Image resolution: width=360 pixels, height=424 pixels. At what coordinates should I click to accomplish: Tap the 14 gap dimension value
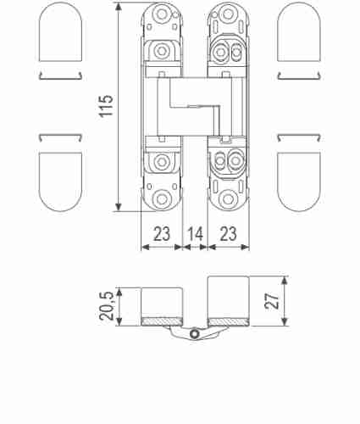[x=195, y=234]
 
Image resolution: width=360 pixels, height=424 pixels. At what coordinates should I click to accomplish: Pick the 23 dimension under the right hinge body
[x=227, y=234]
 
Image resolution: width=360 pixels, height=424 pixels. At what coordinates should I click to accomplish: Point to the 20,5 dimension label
[x=106, y=304]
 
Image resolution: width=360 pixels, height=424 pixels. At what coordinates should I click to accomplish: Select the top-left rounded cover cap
[x=60, y=32]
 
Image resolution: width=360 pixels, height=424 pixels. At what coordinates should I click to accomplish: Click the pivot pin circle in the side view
[x=195, y=336]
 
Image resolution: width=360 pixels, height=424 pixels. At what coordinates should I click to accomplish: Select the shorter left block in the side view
[x=162, y=301]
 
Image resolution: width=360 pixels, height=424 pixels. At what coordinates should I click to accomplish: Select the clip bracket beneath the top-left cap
[x=60, y=77]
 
